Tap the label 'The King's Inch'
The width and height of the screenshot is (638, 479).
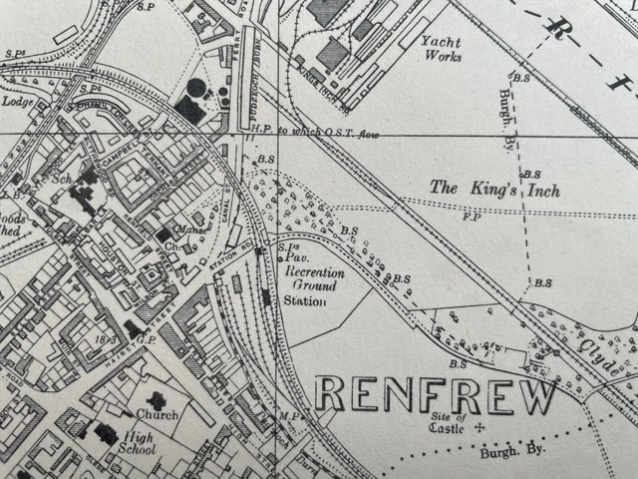494,188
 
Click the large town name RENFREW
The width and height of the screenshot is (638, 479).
436,395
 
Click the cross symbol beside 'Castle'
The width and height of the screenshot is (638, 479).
479,427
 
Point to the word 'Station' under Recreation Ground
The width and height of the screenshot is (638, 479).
305,300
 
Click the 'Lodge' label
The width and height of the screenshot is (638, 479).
18,101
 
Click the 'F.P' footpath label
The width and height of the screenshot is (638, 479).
473,215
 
